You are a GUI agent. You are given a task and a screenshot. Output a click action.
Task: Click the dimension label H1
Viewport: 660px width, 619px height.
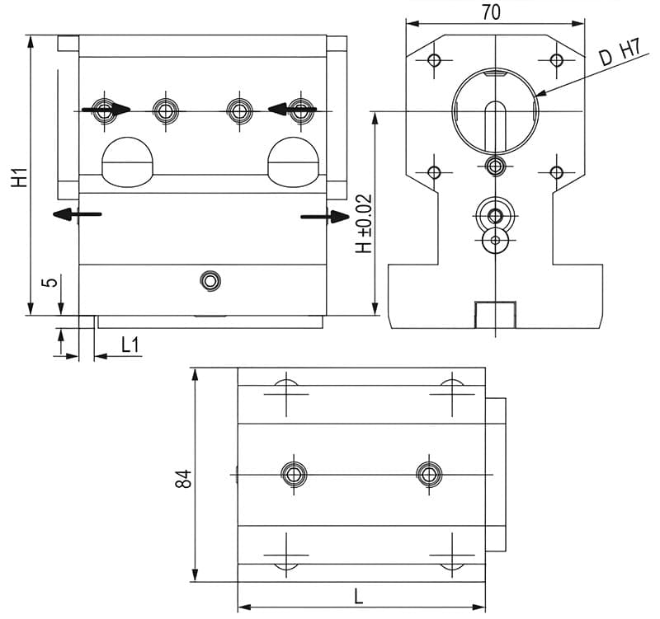point(21,176)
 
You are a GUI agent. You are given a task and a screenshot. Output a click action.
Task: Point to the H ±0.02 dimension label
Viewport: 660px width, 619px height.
point(363,223)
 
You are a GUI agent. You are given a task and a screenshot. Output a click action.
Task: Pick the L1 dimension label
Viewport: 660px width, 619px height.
point(130,345)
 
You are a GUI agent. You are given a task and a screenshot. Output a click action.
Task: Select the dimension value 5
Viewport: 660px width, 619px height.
point(50,282)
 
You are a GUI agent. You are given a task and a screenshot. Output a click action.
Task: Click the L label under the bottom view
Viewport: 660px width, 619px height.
point(359,596)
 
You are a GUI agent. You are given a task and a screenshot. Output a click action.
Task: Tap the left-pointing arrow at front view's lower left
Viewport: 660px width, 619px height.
point(76,214)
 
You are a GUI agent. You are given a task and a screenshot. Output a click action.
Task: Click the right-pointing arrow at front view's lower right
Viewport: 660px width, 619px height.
point(327,217)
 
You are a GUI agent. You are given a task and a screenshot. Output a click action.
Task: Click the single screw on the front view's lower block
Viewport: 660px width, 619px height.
point(210,281)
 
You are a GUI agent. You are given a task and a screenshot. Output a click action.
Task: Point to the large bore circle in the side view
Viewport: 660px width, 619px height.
point(495,110)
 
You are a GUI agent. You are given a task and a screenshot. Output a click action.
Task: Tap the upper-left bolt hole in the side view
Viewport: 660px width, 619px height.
point(434,60)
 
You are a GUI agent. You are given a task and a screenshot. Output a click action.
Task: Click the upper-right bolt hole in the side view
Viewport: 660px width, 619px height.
point(557,60)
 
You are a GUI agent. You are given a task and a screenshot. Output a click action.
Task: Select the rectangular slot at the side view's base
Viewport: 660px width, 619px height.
point(495,315)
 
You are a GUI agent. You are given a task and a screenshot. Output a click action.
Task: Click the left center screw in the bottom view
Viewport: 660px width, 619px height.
point(294,474)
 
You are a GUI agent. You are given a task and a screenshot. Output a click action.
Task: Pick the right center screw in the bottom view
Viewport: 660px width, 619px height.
point(429,474)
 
